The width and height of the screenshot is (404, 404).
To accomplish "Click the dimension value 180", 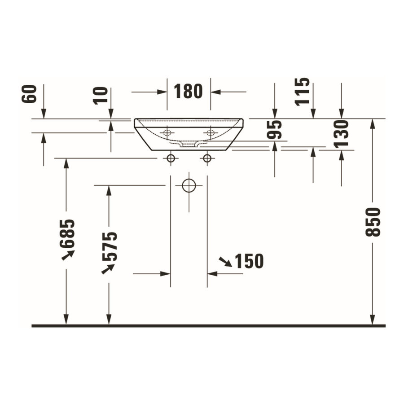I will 189,92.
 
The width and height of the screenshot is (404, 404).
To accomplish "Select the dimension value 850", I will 373,222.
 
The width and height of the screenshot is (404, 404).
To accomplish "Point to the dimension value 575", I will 109,246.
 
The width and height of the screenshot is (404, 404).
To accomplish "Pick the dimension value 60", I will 30,94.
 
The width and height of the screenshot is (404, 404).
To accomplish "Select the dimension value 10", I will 101,95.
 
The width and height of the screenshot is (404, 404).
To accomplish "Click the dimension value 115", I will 303,92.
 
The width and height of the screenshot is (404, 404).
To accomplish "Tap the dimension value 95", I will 275,130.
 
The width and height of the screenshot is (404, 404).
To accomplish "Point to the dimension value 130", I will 341,134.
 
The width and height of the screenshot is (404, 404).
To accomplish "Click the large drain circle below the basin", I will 189,185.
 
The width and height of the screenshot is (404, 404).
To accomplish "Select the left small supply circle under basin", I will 171,158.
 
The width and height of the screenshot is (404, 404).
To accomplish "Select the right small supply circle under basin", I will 207,158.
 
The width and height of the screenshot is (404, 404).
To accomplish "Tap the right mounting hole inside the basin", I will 210,132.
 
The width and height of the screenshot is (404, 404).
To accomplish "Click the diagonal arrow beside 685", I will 68,255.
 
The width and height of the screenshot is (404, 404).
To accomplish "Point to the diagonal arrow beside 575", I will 108,268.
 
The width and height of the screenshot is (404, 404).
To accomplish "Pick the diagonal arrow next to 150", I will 225,262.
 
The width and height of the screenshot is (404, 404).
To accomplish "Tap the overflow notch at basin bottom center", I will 189,144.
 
